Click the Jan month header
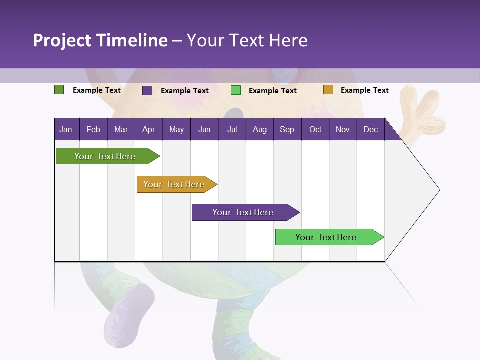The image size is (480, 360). pyautogui.click(x=66, y=130)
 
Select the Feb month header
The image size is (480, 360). pyautogui.click(x=93, y=130)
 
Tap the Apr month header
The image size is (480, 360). pyautogui.click(x=149, y=130)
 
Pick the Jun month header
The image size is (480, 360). pyautogui.click(x=204, y=130)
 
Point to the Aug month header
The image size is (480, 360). pyautogui.click(x=260, y=130)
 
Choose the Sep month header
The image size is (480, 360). pyautogui.click(x=287, y=130)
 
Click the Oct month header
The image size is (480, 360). pyautogui.click(x=315, y=130)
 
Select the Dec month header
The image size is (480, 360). pyautogui.click(x=371, y=130)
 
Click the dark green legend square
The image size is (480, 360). pyautogui.click(x=59, y=90)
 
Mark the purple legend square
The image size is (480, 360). pyautogui.click(x=147, y=90)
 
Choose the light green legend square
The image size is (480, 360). pyautogui.click(x=236, y=90)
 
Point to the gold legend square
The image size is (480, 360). pyautogui.click(x=328, y=90)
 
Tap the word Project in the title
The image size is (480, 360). pyautogui.click(x=62, y=40)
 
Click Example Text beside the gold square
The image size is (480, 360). pyautogui.click(x=364, y=90)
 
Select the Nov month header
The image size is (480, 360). pyautogui.click(x=343, y=130)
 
